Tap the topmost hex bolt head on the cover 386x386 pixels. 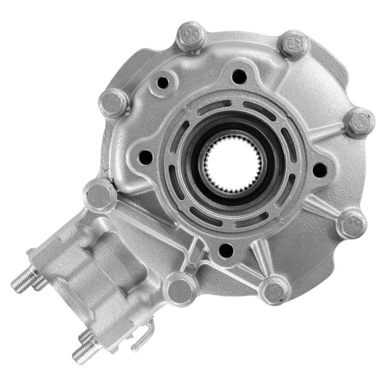point(191,37)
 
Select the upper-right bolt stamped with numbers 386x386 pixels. point(295,44)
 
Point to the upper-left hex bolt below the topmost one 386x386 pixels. point(114,103)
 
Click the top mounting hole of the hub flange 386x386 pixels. point(239,76)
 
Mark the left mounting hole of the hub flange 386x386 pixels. point(146,157)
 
